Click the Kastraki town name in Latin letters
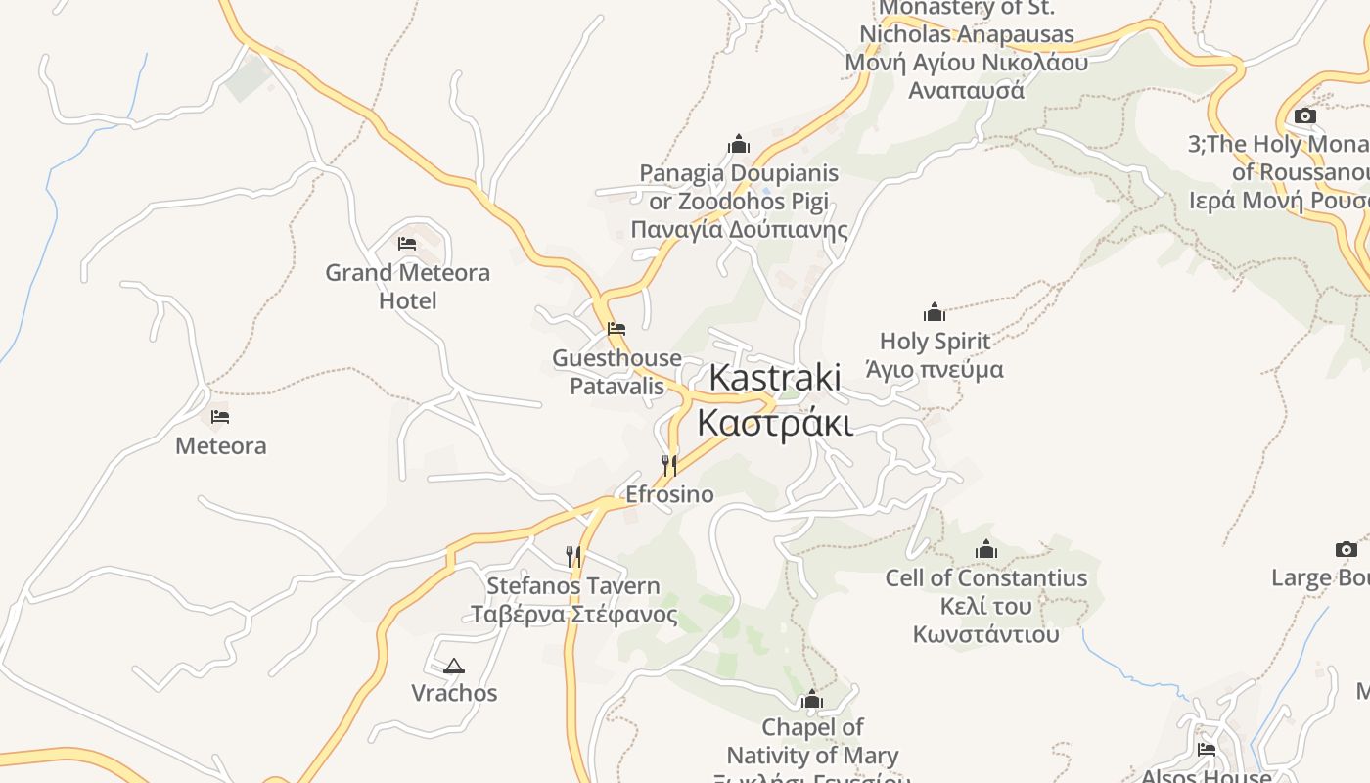coord(774,378)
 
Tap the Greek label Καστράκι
coord(774,423)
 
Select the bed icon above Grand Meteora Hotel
coord(407,243)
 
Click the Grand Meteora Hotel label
coord(407,286)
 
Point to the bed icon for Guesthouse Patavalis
coord(616,329)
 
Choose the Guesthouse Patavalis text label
coord(616,372)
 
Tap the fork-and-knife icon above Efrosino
coord(669,464)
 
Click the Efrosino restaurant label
coord(669,494)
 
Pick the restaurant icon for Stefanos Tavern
coord(573,556)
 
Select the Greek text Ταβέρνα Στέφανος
coord(573,615)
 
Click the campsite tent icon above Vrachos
coord(453,667)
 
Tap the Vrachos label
coord(454,693)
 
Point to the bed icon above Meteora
coord(220,417)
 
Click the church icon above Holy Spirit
coord(935,312)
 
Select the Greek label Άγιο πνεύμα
coord(935,370)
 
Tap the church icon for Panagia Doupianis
coord(739,144)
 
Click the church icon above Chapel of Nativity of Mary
coord(811,699)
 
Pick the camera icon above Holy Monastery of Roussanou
coord(1304,115)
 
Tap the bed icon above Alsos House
coord(1207,750)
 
